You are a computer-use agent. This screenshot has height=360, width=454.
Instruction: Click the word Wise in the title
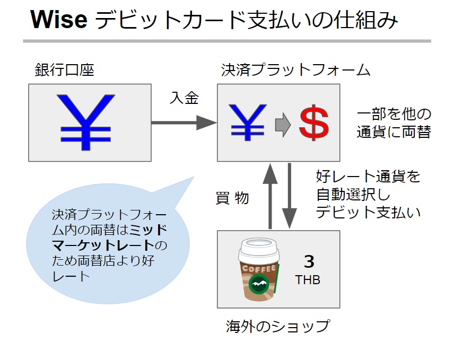[59, 20]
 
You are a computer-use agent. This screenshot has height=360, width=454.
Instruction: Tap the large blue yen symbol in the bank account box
[86, 122]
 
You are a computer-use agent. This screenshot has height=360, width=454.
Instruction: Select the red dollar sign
[314, 122]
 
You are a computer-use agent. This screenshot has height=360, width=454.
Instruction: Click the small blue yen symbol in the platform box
[248, 122]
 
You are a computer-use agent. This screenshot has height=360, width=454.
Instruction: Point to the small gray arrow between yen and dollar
[283, 125]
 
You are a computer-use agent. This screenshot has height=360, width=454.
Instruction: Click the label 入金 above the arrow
[184, 98]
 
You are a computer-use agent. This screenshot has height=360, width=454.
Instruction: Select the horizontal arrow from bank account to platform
[184, 122]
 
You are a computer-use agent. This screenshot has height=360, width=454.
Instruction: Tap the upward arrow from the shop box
[270, 196]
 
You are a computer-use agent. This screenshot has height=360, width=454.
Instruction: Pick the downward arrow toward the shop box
[289, 196]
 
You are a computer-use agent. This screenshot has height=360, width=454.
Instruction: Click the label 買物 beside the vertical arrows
[232, 198]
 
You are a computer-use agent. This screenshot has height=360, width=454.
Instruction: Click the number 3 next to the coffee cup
[309, 261]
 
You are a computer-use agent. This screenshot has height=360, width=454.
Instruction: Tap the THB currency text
[308, 280]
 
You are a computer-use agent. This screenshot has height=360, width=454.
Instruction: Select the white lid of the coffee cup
[259, 250]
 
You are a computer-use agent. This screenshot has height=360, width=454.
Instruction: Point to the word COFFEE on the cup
[259, 269]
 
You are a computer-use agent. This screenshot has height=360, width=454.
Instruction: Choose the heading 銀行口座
[64, 70]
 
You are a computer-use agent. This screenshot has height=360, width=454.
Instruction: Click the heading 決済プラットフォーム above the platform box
[295, 70]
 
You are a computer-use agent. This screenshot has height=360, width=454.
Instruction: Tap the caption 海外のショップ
[278, 326]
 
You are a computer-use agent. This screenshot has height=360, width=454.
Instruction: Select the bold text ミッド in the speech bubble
[149, 230]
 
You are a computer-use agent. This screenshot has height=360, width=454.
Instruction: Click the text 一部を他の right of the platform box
[394, 114]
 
